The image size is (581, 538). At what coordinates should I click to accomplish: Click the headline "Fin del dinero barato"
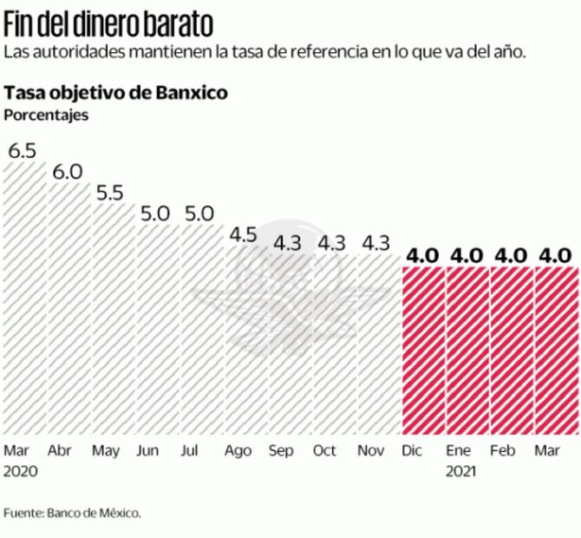(x=108, y=22)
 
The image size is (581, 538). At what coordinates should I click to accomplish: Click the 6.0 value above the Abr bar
(x=67, y=172)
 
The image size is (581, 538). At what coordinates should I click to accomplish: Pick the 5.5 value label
(x=111, y=193)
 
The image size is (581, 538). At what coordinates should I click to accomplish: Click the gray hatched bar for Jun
(x=157, y=330)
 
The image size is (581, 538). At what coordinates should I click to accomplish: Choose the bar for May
(x=113, y=321)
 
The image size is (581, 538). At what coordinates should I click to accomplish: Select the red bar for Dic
(x=423, y=351)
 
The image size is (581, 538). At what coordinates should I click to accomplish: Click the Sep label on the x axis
(x=281, y=451)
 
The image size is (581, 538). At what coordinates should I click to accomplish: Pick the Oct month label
(x=324, y=451)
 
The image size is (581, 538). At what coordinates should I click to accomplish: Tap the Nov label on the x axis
(x=371, y=451)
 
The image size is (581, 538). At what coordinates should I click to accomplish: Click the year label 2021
(x=461, y=473)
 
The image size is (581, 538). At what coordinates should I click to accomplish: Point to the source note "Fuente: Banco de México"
(x=72, y=513)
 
